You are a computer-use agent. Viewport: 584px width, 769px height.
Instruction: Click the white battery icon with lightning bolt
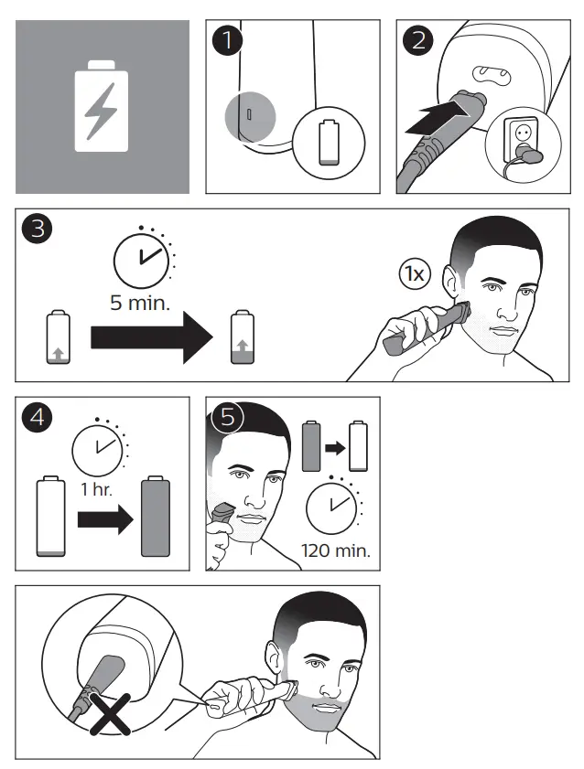point(103,106)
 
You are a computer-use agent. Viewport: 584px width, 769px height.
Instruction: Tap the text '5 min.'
point(140,303)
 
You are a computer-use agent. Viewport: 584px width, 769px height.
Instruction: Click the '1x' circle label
point(414,272)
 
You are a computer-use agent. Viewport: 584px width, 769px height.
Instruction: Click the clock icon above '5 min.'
point(141,258)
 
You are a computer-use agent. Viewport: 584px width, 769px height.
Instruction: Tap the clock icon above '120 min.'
point(332,506)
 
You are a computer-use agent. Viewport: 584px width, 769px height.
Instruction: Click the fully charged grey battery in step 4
point(157,517)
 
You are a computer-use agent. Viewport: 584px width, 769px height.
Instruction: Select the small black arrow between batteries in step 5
point(335,449)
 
